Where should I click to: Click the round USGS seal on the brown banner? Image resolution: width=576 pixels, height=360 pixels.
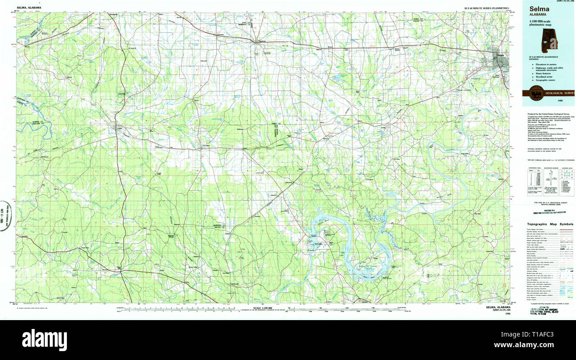[x=537, y=93]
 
